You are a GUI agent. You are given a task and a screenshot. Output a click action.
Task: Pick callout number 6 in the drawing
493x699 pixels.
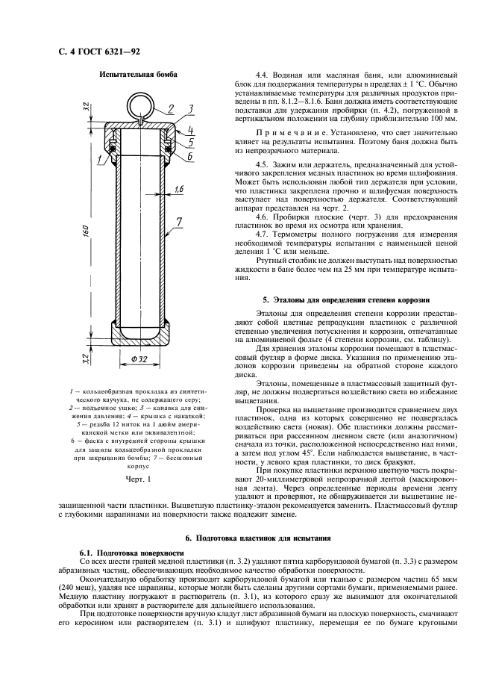click(190, 157)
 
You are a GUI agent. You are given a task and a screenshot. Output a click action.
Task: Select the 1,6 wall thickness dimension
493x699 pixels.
click(179, 190)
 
